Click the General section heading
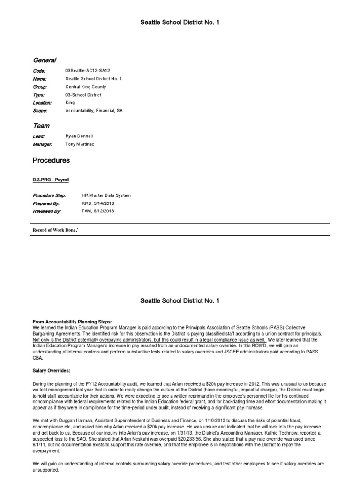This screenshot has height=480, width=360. click(45, 60)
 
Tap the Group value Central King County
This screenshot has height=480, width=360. click(86, 87)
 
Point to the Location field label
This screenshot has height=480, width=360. click(42, 103)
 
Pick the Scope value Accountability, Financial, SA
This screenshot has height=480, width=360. click(94, 111)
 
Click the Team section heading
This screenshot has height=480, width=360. click(41, 126)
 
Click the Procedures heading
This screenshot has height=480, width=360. click(51, 160)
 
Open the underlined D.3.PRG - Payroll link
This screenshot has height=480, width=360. click(51, 180)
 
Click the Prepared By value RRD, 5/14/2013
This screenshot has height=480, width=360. click(98, 203)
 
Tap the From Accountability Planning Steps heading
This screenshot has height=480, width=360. click(72, 322)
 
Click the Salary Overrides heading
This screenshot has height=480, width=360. click(51, 370)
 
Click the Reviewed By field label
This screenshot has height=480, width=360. click(47, 211)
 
